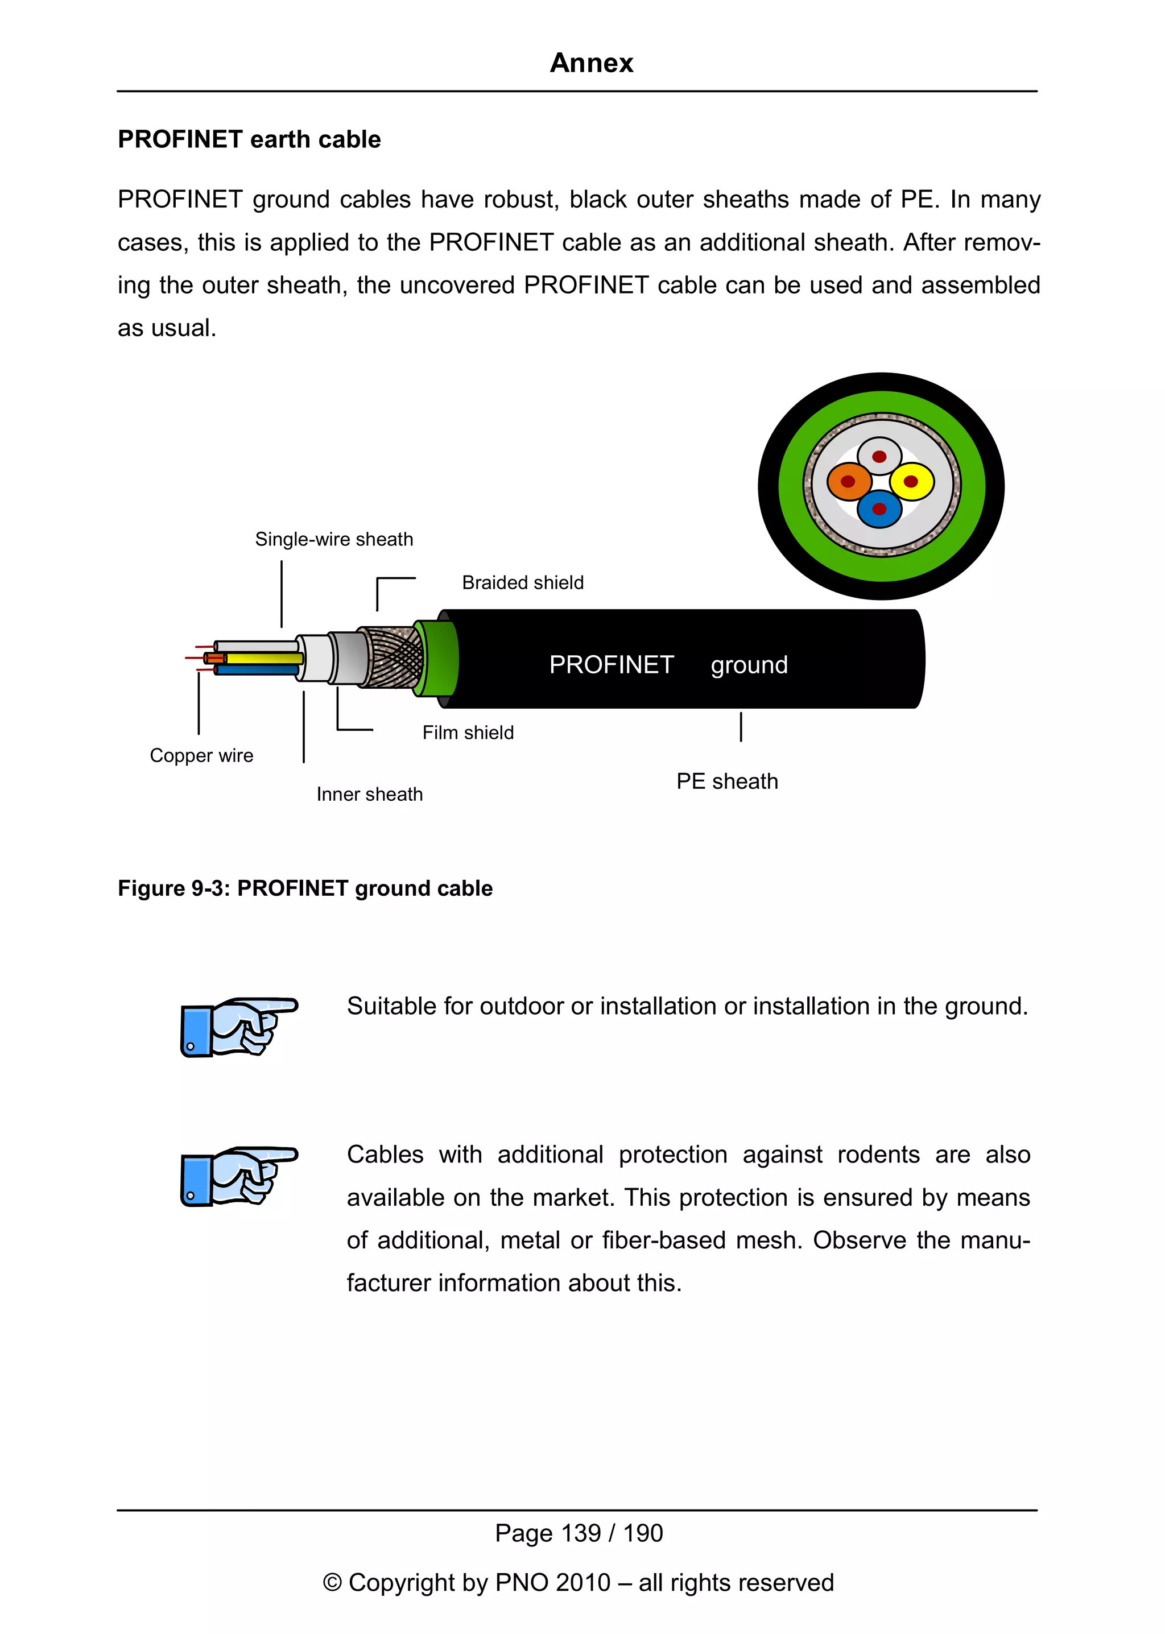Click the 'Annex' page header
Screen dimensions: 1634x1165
point(591,63)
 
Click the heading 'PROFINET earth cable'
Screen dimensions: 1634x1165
point(249,139)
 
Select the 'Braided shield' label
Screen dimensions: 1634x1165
point(522,582)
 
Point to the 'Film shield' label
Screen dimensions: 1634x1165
point(468,733)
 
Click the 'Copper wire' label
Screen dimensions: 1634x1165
point(201,755)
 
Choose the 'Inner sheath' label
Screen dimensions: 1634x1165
point(369,794)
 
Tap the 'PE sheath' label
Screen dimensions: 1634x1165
point(726,781)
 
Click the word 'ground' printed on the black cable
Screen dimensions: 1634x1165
point(749,665)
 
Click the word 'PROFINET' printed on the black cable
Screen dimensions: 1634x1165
point(611,665)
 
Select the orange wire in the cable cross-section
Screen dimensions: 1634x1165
point(849,481)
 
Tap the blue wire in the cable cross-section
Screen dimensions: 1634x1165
point(879,509)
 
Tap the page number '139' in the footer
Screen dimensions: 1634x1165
point(581,1533)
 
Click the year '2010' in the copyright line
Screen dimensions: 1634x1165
point(582,1582)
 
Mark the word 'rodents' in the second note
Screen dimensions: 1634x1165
point(878,1155)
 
